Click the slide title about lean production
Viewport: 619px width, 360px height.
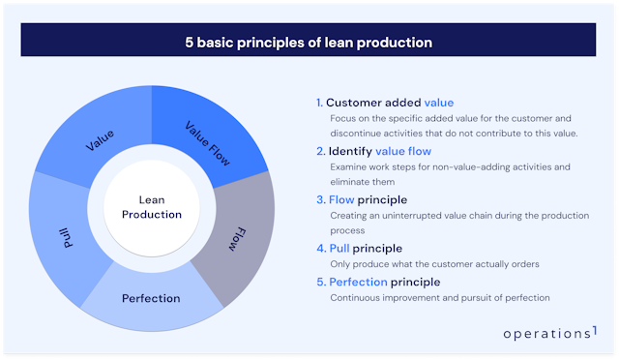(309, 42)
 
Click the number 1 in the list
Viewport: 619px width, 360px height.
(318, 103)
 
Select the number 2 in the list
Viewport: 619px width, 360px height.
(319, 151)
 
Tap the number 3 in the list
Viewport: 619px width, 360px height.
(319, 200)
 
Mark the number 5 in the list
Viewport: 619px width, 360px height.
(319, 282)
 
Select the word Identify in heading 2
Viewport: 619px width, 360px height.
(349, 151)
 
